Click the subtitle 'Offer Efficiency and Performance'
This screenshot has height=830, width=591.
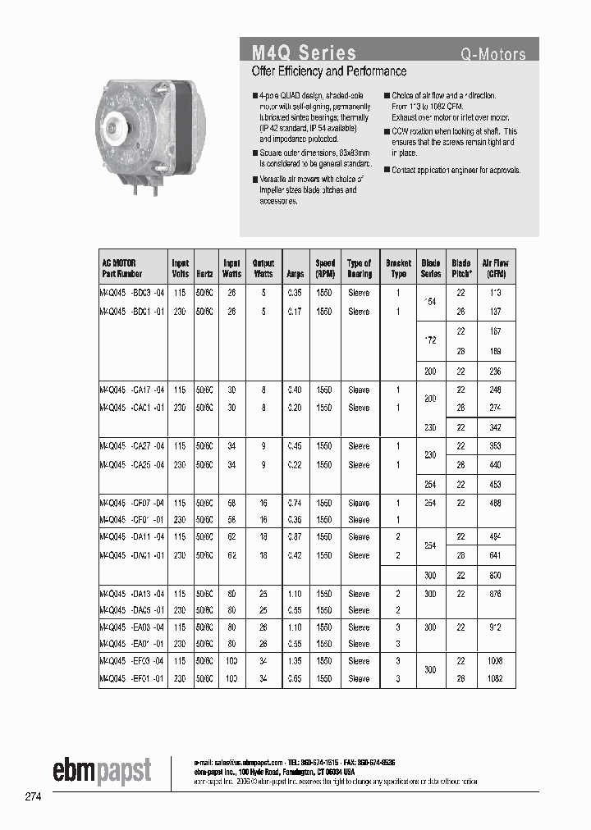(328, 72)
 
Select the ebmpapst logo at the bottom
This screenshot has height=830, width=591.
(102, 770)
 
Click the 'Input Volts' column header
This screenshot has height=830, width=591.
(180, 268)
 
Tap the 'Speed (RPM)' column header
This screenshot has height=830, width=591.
(325, 268)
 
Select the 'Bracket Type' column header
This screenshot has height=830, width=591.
(398, 268)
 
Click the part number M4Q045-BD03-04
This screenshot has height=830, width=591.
(131, 293)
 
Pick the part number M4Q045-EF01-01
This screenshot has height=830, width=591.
(131, 679)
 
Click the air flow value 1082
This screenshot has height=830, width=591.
(496, 679)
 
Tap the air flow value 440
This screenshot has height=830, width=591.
(496, 464)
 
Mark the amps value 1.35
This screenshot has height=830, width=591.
(294, 661)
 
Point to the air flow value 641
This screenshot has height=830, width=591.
(496, 555)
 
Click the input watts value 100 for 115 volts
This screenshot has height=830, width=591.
(232, 661)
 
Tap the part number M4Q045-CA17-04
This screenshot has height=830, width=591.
(131, 390)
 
